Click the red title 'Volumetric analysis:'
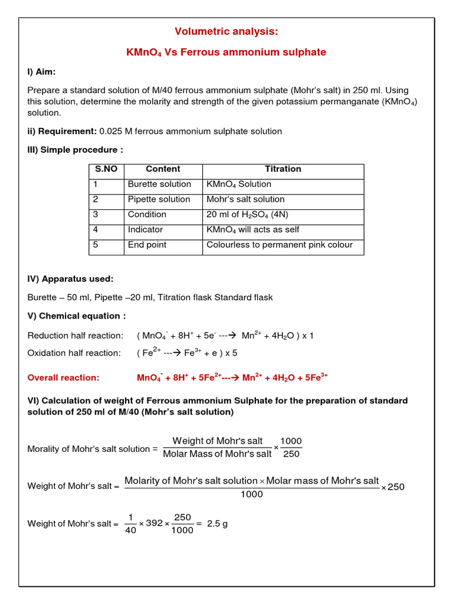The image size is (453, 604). (x=226, y=31)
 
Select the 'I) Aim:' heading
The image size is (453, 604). (x=42, y=71)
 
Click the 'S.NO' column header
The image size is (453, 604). (x=106, y=169)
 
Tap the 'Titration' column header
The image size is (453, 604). (x=283, y=169)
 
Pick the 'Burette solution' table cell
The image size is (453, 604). (x=159, y=184)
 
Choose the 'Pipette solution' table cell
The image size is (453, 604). (x=159, y=199)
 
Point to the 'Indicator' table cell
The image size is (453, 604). (x=145, y=229)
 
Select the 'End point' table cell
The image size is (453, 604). (x=147, y=245)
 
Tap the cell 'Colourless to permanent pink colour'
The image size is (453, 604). (x=280, y=245)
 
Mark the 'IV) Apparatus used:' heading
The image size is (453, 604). (x=71, y=278)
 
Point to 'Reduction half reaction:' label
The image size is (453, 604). (x=75, y=336)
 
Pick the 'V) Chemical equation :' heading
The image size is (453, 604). (x=77, y=316)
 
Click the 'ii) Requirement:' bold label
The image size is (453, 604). (x=62, y=131)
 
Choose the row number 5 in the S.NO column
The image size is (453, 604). (x=96, y=245)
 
